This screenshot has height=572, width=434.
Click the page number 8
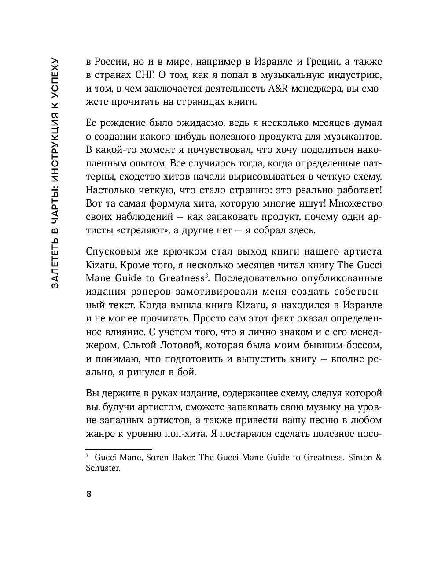[x=89, y=494]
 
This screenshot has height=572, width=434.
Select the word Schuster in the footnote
[x=103, y=468]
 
